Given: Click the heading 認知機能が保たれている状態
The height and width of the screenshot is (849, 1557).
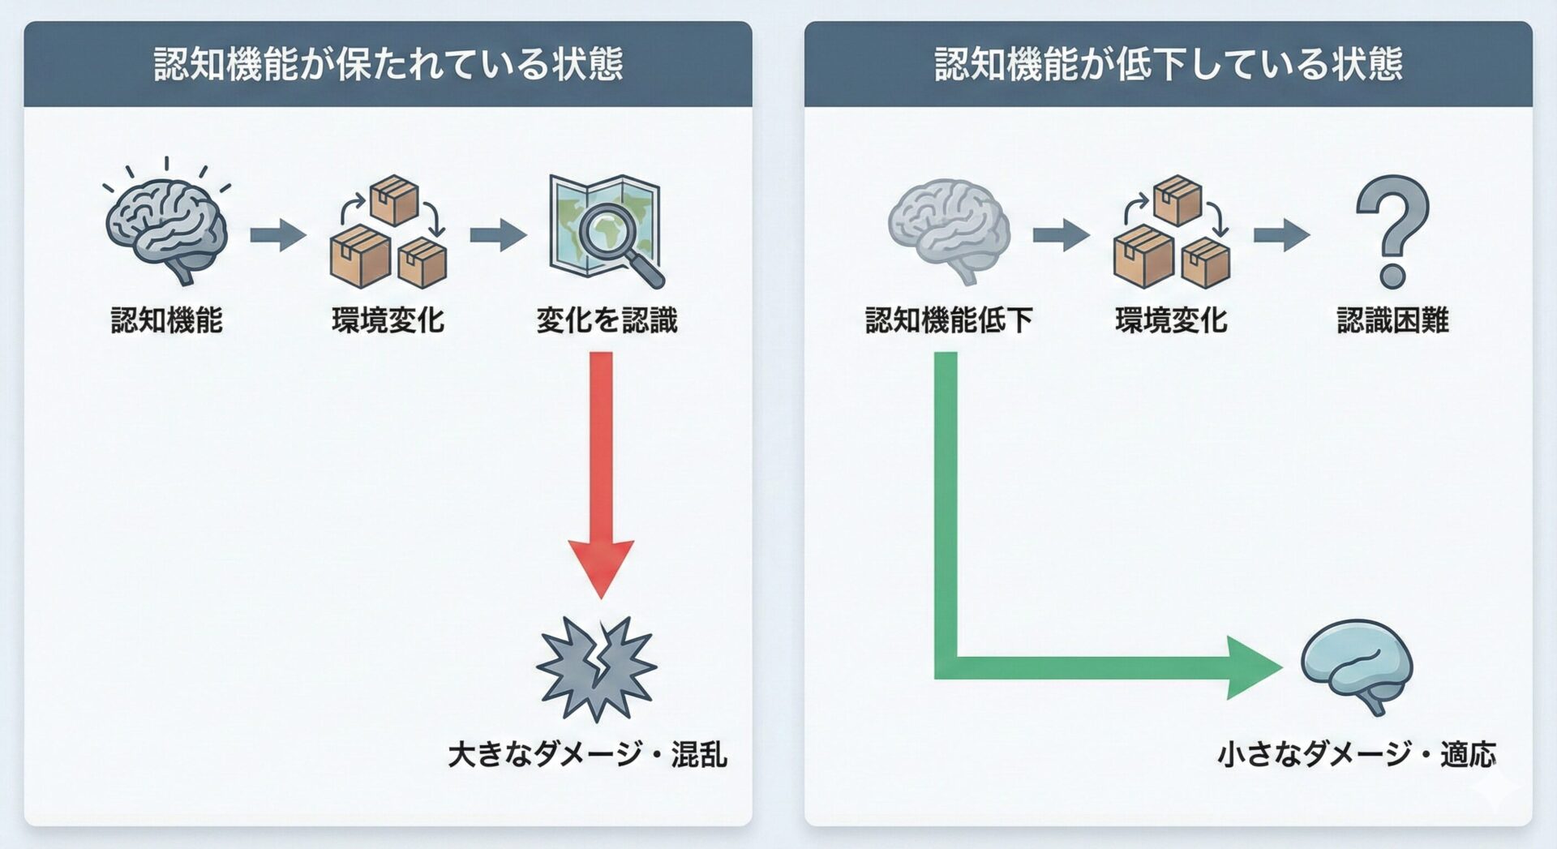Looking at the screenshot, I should [x=388, y=64].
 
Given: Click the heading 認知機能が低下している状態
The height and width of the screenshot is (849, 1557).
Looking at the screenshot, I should [x=1168, y=64].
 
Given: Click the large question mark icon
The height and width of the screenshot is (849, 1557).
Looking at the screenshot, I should [x=1392, y=231].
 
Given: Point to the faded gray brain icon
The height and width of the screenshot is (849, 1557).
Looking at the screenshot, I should [x=949, y=229].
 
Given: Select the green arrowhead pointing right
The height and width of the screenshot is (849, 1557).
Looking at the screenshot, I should [x=1253, y=667].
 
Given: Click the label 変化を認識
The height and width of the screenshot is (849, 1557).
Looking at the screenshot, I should [x=607, y=320].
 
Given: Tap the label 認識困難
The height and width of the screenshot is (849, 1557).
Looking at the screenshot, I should [x=1392, y=320].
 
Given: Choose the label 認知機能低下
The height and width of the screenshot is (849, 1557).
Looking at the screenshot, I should [x=949, y=320].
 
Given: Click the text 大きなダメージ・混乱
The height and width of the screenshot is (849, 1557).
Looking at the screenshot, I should [x=587, y=755].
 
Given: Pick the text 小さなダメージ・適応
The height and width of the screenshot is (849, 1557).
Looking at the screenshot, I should [x=1356, y=755].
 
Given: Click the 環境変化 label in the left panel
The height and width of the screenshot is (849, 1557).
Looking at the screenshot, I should [x=388, y=320].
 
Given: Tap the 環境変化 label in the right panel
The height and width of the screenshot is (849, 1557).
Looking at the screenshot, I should [x=1171, y=320].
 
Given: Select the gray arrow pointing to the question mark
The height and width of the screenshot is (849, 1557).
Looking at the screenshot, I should [x=1281, y=235].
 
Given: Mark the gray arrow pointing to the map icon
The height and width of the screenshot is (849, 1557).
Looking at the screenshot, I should [x=497, y=235].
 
